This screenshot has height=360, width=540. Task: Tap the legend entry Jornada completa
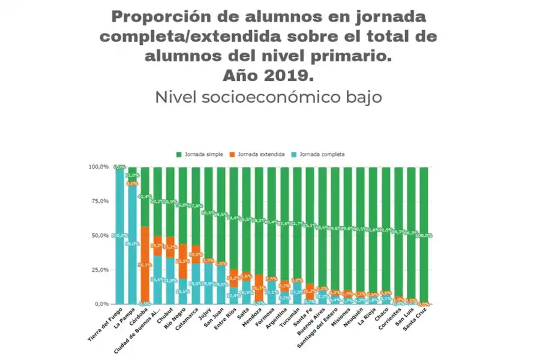[x=322, y=154]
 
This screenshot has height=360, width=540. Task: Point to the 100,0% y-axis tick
[x=99, y=167]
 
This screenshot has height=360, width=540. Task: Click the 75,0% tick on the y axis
[x=100, y=201]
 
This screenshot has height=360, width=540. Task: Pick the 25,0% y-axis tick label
[x=100, y=270]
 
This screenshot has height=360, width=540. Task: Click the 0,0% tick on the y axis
[x=101, y=304]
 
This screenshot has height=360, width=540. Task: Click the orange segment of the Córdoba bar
[x=145, y=264]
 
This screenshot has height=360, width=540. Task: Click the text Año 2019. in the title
[x=268, y=76]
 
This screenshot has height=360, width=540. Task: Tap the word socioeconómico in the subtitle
[x=283, y=97]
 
